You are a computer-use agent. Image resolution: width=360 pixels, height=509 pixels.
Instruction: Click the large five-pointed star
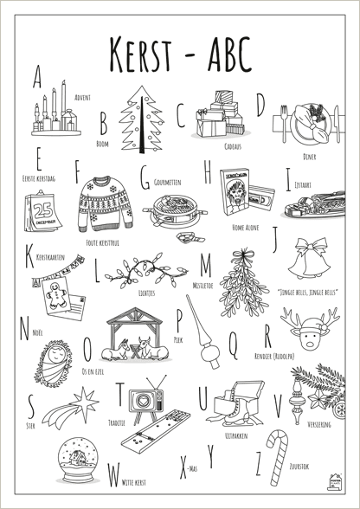pos(88,399)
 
